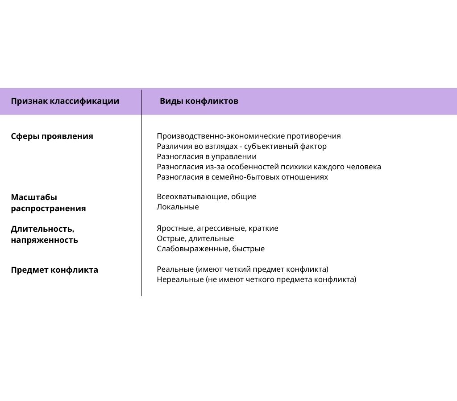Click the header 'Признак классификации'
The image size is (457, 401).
point(65,101)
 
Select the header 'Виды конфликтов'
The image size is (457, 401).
point(199,101)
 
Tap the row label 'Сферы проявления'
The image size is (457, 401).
point(52,136)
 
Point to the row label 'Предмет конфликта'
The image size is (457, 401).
point(54,270)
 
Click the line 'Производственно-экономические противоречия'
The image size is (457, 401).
point(249,136)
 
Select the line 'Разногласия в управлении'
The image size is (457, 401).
point(207,157)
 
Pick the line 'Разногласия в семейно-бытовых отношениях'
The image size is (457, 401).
point(242,177)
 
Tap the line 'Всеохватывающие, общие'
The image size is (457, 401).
point(207,197)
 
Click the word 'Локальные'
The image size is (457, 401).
point(178,207)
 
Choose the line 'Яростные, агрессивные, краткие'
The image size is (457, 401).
point(217,229)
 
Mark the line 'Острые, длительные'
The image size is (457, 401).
point(195,239)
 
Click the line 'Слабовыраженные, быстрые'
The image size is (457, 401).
point(211,249)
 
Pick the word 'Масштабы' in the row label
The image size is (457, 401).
point(34,197)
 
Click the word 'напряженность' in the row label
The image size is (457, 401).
point(44,240)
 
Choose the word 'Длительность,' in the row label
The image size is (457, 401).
point(42,229)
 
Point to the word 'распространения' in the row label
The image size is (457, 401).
point(48,209)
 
